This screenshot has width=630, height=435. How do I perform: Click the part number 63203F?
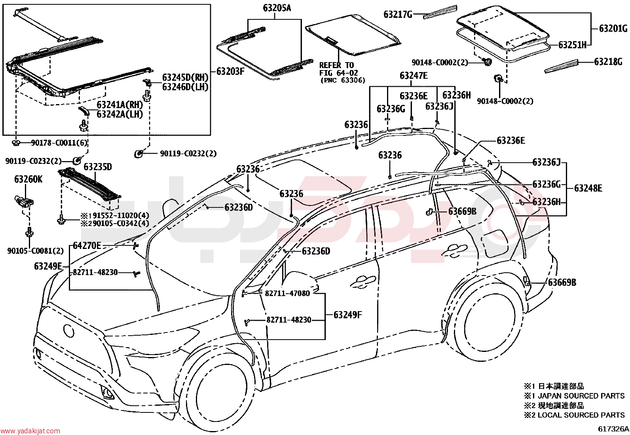click(230, 71)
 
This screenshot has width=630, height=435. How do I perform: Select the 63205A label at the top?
click(277, 8)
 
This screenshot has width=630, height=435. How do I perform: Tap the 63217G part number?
click(398, 14)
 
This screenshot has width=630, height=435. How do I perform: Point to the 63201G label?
click(613, 28)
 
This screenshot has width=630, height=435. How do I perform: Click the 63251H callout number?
click(572, 45)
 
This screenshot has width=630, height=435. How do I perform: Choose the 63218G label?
click(608, 62)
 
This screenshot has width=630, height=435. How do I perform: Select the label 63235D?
click(98, 167)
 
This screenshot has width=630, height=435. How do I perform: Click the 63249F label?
click(347, 315)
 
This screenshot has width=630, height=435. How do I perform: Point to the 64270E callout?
click(87, 246)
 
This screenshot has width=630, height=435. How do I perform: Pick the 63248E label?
click(588, 188)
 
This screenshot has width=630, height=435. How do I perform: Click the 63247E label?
click(414, 76)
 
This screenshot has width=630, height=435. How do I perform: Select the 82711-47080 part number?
click(287, 293)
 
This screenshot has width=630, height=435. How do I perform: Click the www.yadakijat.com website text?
click(30, 431)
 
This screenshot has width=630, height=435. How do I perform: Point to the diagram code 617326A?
click(613, 429)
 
